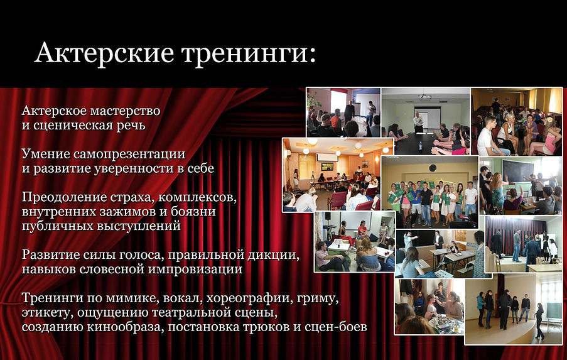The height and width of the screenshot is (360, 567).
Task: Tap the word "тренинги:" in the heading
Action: (249, 54)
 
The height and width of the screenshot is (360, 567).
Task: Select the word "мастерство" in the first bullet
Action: (125, 111)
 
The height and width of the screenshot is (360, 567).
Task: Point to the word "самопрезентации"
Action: (129, 155)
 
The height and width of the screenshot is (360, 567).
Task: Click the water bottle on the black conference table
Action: (421, 147)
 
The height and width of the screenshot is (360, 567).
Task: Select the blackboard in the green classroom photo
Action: (517, 172)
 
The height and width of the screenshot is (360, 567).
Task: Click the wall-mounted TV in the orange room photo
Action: (327, 166)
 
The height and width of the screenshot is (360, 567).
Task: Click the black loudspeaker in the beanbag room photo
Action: (328, 216)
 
